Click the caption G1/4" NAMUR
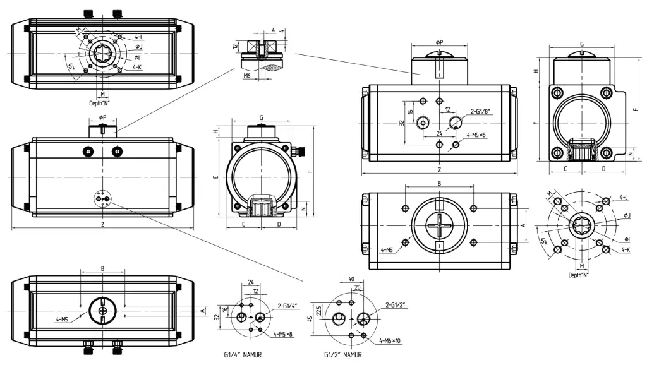[x=243, y=355]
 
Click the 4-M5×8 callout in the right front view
[x=478, y=135]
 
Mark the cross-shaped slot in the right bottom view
[x=439, y=226]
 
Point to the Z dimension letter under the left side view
[x=103, y=224]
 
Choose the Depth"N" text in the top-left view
[x=100, y=102]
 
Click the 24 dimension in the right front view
[x=438, y=133]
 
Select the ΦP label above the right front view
[x=439, y=42]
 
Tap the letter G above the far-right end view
[x=581, y=44]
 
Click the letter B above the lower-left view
[x=103, y=268]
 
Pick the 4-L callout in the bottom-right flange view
[x=624, y=198]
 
